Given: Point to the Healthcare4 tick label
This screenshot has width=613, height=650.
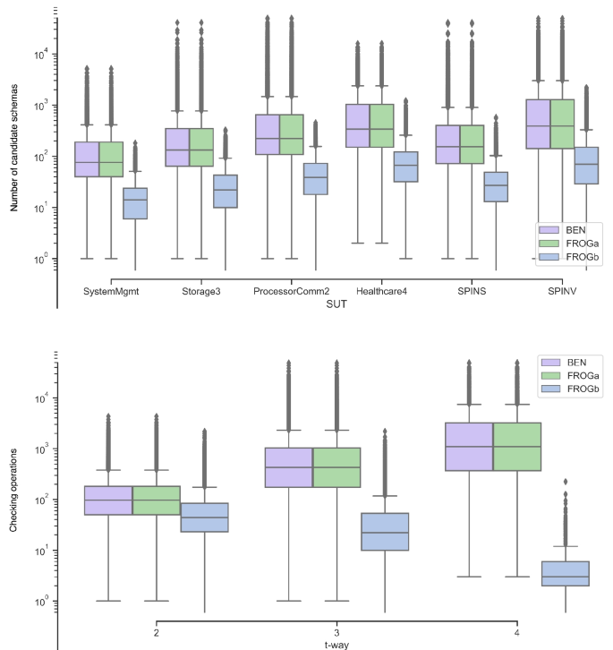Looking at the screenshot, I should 382,291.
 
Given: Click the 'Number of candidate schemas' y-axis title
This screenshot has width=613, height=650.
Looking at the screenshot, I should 15,156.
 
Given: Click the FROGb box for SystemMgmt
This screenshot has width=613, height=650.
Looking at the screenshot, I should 135,203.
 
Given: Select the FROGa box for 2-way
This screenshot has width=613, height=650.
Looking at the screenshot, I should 157,500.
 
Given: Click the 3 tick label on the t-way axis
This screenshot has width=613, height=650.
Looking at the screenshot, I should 337,630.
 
